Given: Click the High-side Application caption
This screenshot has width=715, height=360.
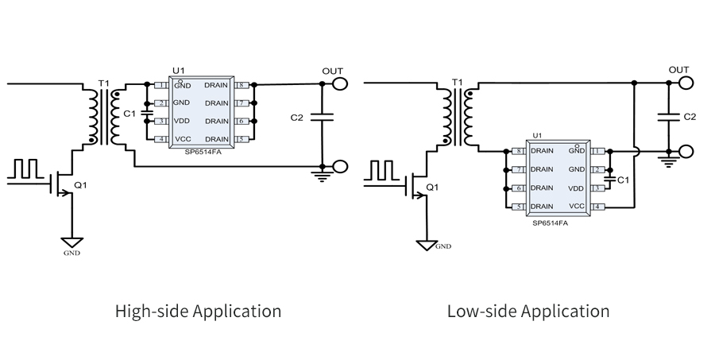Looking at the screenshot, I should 198,311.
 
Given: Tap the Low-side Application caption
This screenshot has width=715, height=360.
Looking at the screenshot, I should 528,311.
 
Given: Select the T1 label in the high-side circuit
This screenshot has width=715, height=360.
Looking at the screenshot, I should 102,83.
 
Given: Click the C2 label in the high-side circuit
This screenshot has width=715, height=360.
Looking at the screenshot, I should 297,118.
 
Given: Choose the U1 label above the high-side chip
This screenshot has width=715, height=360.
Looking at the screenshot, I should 179,72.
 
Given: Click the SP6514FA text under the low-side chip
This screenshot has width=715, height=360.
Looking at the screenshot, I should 550,223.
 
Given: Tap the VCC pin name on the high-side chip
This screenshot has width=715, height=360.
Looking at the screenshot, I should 182,139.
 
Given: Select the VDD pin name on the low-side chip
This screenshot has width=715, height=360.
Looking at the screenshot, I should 577,188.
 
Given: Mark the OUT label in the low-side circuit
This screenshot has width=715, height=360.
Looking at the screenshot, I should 678,70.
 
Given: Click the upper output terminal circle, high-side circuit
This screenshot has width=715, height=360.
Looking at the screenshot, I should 339,83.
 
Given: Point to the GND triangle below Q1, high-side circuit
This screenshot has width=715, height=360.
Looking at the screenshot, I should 72,241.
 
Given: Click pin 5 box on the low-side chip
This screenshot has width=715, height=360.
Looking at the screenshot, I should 520,207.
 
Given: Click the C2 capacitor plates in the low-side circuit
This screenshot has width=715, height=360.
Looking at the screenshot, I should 669,116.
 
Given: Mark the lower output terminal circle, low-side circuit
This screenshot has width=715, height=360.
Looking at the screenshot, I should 686,149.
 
